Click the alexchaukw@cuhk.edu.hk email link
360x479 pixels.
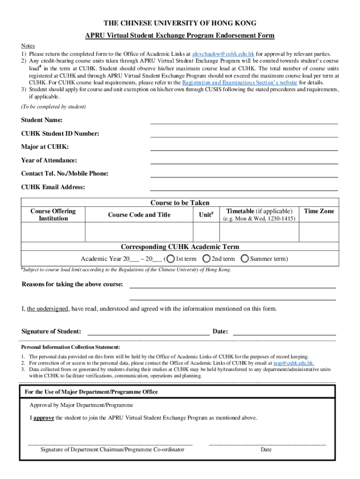pyautogui.click(x=223, y=54)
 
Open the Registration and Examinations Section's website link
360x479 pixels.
pyautogui.click(x=239, y=82)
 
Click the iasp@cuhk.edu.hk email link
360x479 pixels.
pyautogui.click(x=294, y=363)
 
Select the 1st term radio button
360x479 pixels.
pyautogui.click(x=171, y=259)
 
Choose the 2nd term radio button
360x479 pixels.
pyautogui.click(x=207, y=259)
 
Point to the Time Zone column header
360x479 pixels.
pyautogui.click(x=319, y=211)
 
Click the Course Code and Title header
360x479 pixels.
pyautogui.click(x=139, y=215)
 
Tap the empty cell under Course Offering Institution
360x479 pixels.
pyautogui.click(x=53, y=232)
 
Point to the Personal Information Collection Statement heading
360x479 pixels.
pyautogui.click(x=70, y=348)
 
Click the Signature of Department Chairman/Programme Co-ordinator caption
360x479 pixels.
pyautogui.click(x=112, y=450)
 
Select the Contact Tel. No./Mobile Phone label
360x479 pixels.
pyautogui.click(x=65, y=174)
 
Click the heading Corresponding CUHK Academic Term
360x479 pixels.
pyautogui.click(x=180, y=247)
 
